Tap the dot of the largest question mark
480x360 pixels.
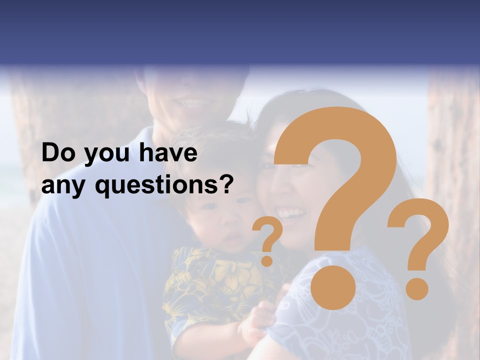333,287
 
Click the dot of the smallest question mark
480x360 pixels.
267,260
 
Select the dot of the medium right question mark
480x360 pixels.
417,287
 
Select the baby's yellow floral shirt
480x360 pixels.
210,285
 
